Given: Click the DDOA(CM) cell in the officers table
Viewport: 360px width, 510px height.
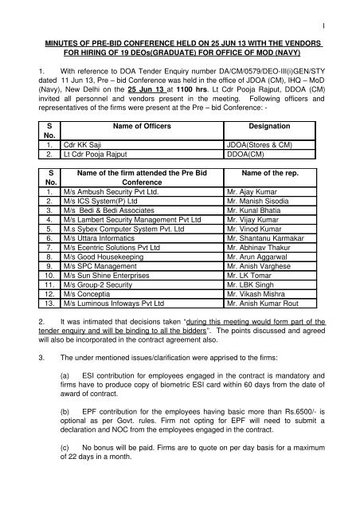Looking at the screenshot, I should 260,178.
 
